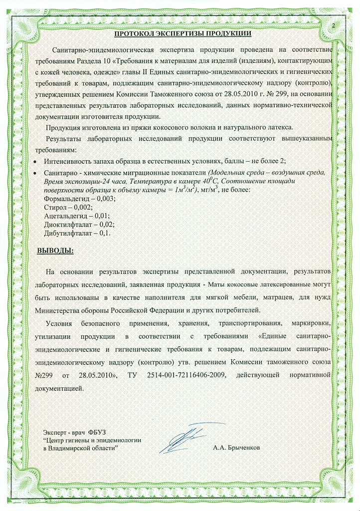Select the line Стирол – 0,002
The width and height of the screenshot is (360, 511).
pyautogui.click(x=61, y=207)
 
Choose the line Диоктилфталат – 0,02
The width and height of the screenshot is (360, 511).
pyautogui.click(x=72, y=224)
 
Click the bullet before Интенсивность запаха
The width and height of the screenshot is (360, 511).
pyautogui.click(x=34, y=162)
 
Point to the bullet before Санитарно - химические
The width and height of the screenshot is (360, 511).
pyautogui.click(x=34, y=173)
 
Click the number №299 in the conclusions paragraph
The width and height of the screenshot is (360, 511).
pyautogui.click(x=44, y=374)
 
